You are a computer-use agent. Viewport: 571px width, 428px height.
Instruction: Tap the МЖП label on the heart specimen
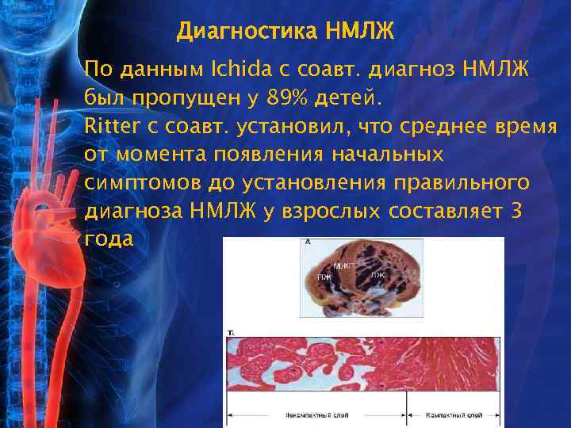coord(343,266)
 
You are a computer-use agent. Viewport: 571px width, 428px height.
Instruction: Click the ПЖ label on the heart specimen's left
coord(324,277)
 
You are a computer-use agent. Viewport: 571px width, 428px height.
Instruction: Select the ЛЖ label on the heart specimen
coord(378,274)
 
